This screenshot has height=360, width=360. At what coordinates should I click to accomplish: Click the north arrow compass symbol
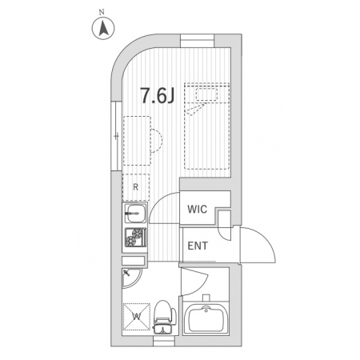click(x=103, y=28)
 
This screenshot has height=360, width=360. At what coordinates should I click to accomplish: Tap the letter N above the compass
click(x=102, y=12)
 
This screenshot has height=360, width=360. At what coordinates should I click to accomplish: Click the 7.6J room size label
click(x=158, y=96)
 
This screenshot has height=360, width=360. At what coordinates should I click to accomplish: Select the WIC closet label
click(x=197, y=210)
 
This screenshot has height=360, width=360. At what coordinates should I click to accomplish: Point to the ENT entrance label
click(x=198, y=246)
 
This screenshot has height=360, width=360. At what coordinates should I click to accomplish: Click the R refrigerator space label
click(x=136, y=187)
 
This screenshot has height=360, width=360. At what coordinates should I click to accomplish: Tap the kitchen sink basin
click(x=135, y=214)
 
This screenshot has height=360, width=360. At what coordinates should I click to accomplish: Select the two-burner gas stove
click(x=136, y=238)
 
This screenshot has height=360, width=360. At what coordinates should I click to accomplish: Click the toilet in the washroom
click(x=164, y=318)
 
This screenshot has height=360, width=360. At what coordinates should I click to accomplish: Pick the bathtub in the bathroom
click(x=206, y=318)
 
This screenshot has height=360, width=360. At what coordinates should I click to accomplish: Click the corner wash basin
click(x=131, y=278)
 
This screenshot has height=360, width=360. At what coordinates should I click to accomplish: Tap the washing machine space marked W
click(x=136, y=317)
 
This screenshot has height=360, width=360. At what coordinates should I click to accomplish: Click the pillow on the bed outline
click(x=206, y=94)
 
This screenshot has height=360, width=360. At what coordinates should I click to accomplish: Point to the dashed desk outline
click(x=137, y=141)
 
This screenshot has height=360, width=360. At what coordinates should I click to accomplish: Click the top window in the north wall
click(x=198, y=41)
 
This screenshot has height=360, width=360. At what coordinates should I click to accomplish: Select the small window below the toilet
click(x=164, y=341)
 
